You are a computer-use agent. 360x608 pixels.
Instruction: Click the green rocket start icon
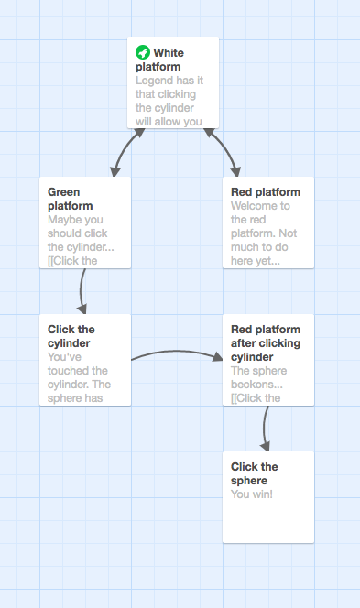point(143,52)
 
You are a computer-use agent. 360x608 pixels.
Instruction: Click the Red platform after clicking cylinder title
point(265,342)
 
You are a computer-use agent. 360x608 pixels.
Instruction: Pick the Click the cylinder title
point(71,336)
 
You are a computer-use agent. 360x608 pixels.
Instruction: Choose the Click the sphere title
point(255,473)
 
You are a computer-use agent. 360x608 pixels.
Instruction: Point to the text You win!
point(251,494)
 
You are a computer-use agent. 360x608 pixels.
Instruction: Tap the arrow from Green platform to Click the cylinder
point(82,291)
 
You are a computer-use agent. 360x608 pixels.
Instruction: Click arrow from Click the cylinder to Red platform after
point(180,352)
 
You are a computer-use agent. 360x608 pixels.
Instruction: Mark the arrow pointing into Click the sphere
point(266,430)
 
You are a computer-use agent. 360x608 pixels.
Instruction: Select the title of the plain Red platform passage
point(266,192)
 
